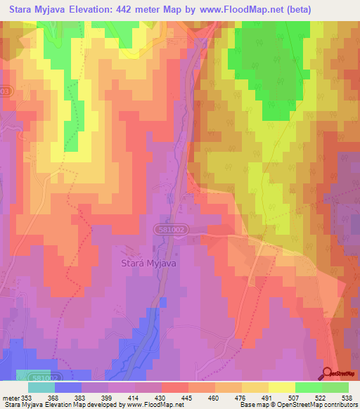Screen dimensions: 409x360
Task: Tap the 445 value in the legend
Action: [x=188, y=398]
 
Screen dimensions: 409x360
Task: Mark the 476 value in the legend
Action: [x=241, y=398]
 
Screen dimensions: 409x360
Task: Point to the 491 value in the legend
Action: [x=267, y=398]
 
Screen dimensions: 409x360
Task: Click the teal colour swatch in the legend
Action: [x=41, y=387]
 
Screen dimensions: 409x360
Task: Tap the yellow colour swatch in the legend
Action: [x=281, y=387]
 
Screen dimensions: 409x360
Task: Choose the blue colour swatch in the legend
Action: [x=68, y=387]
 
